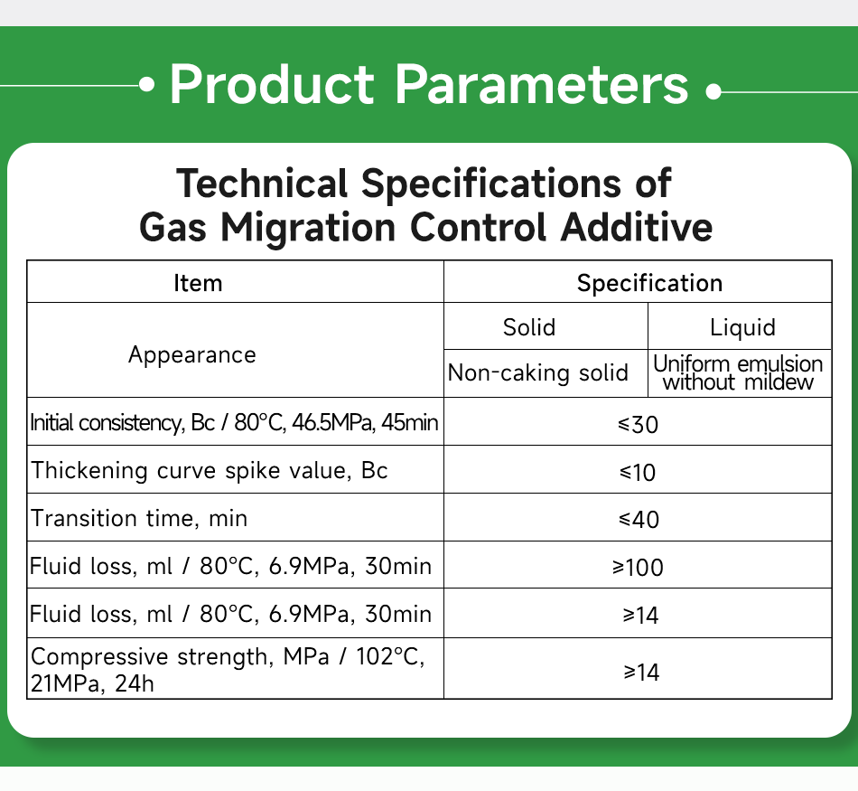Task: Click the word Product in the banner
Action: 271,85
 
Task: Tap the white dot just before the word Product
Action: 148,86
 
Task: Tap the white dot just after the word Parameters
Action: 713,92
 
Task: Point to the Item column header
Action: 198,283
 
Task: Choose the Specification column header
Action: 649,283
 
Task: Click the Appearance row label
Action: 191,354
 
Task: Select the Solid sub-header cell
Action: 529,326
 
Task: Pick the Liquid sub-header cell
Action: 742,326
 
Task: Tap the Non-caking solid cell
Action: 538,372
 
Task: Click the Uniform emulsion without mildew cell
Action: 738,372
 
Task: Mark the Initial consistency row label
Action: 235,422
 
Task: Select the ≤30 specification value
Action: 639,423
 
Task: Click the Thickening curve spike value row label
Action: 210,470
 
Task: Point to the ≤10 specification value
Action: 638,471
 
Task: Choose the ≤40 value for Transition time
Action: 639,519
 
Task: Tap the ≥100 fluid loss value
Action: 638,567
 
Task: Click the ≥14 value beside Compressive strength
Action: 640,672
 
